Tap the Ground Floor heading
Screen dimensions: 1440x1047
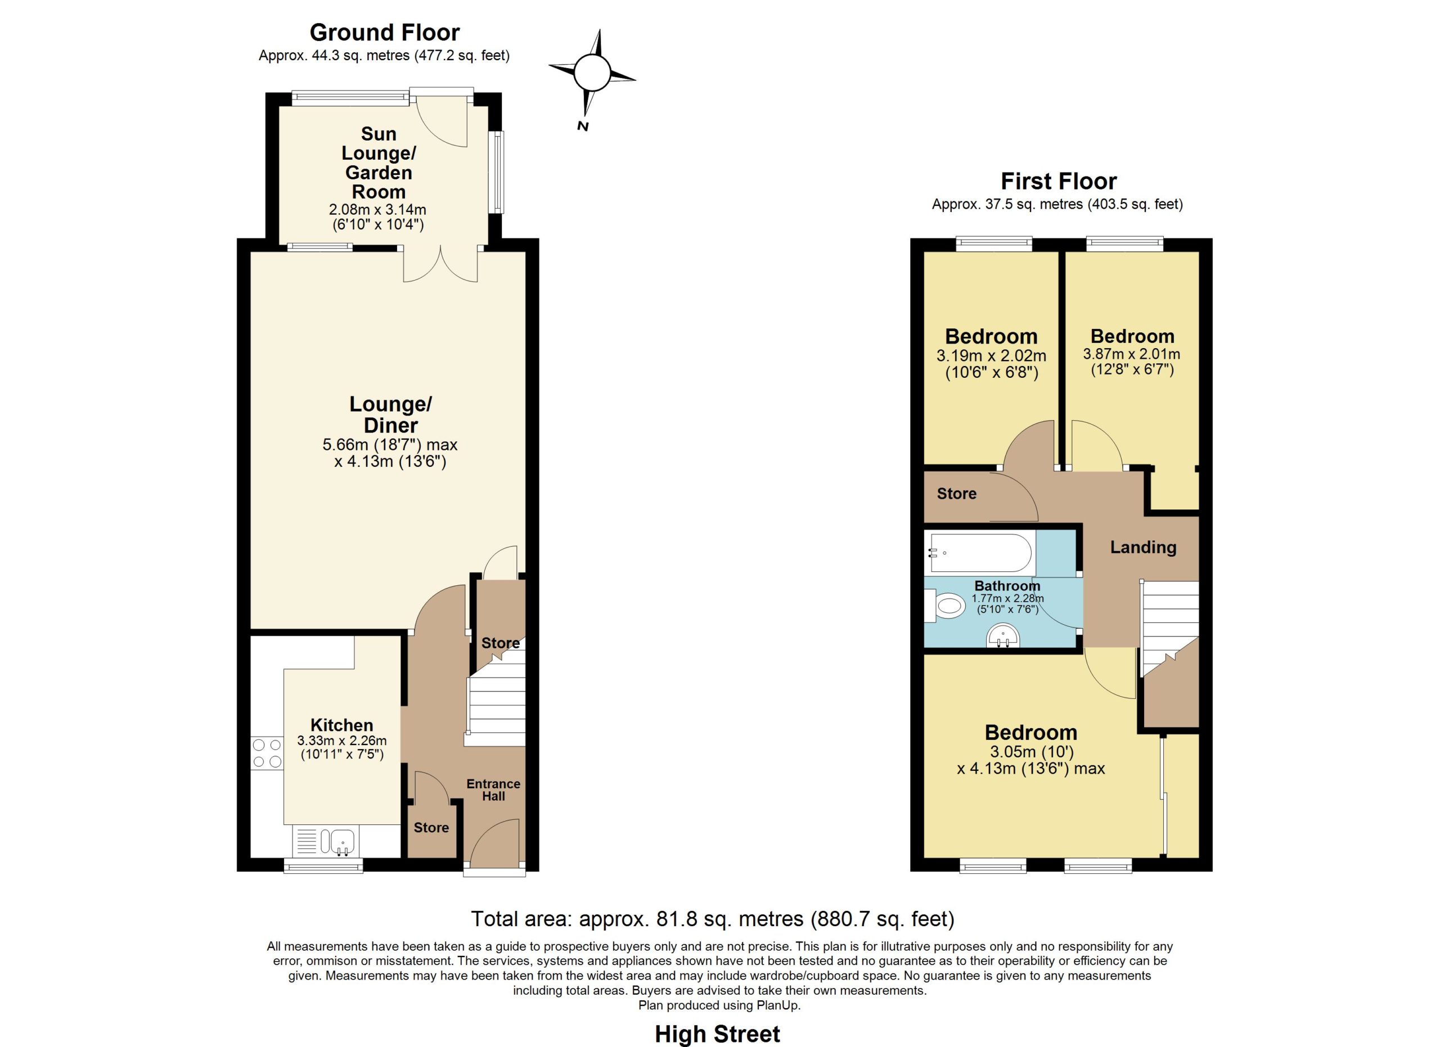[384, 33]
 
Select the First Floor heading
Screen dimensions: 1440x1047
[1059, 182]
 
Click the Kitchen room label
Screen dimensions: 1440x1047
[341, 725]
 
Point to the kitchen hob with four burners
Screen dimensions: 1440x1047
[267, 753]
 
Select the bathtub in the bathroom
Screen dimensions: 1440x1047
[980, 553]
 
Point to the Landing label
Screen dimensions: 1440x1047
[1143, 547]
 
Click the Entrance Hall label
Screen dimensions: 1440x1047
[493, 790]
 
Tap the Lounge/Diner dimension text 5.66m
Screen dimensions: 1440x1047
[345, 444]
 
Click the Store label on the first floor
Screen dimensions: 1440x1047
[957, 494]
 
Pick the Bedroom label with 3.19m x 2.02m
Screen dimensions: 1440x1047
[991, 336]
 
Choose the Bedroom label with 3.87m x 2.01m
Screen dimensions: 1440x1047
[1132, 336]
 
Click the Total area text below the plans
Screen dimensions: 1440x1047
[712, 919]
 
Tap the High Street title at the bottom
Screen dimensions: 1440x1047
[717, 1034]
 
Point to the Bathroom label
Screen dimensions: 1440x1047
[1007, 586]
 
